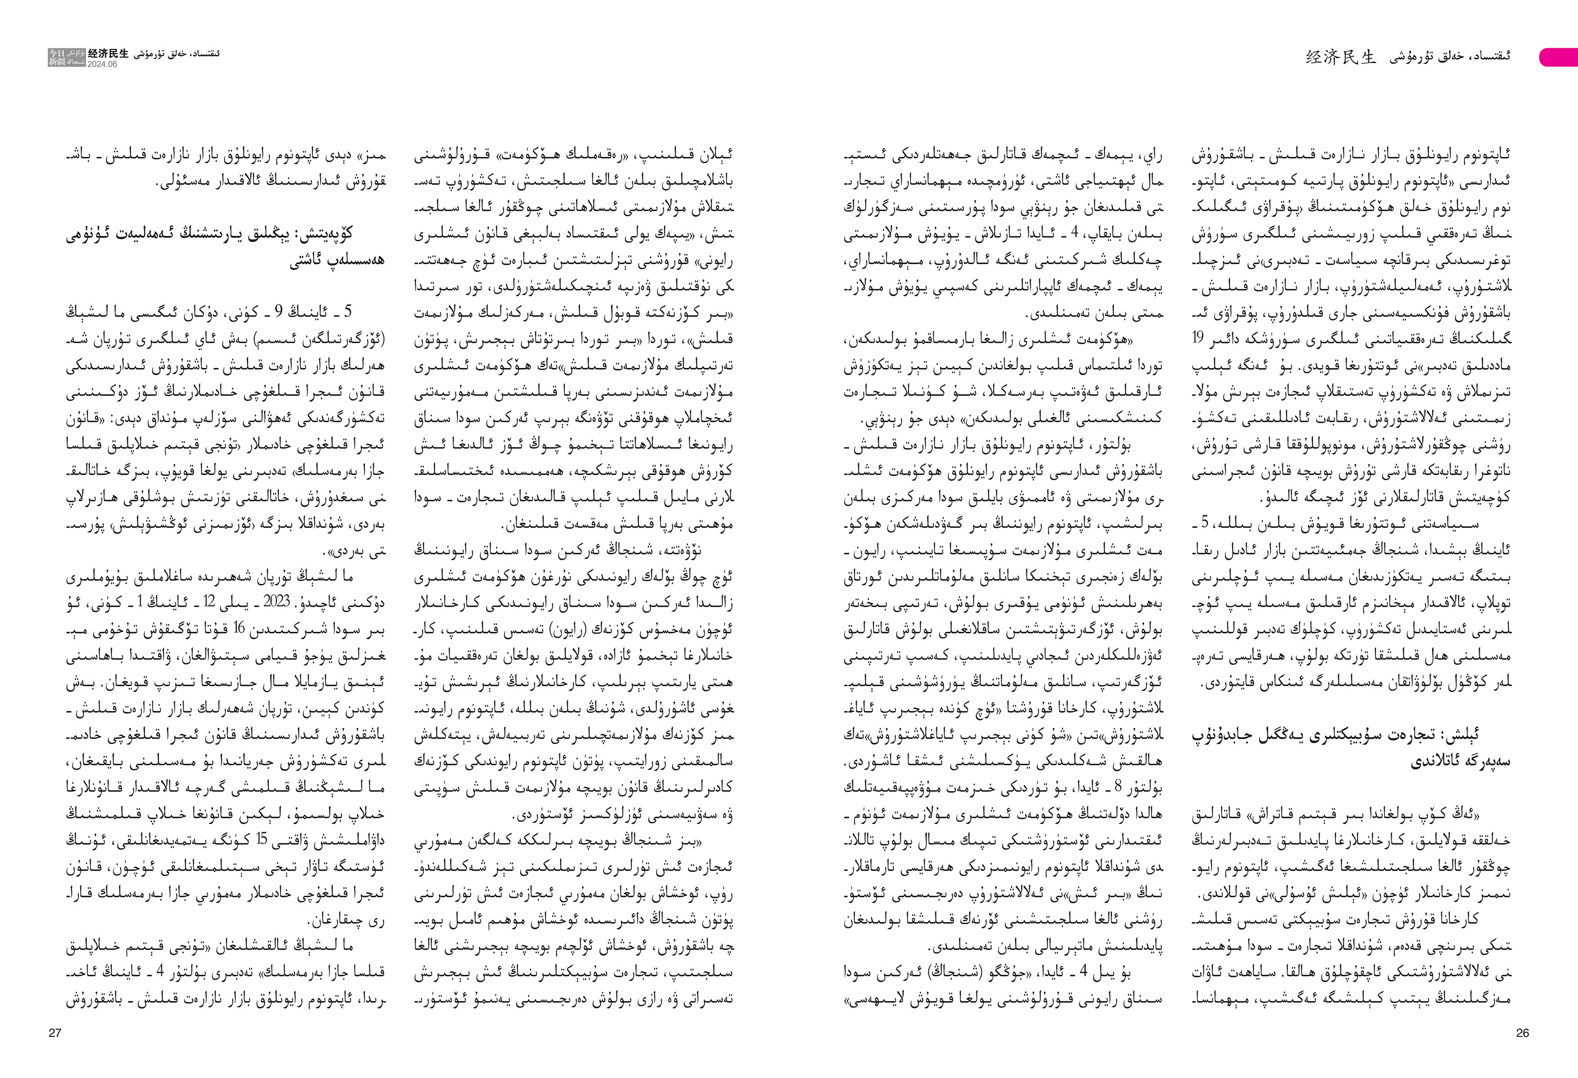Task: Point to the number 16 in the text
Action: click(x=241, y=628)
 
